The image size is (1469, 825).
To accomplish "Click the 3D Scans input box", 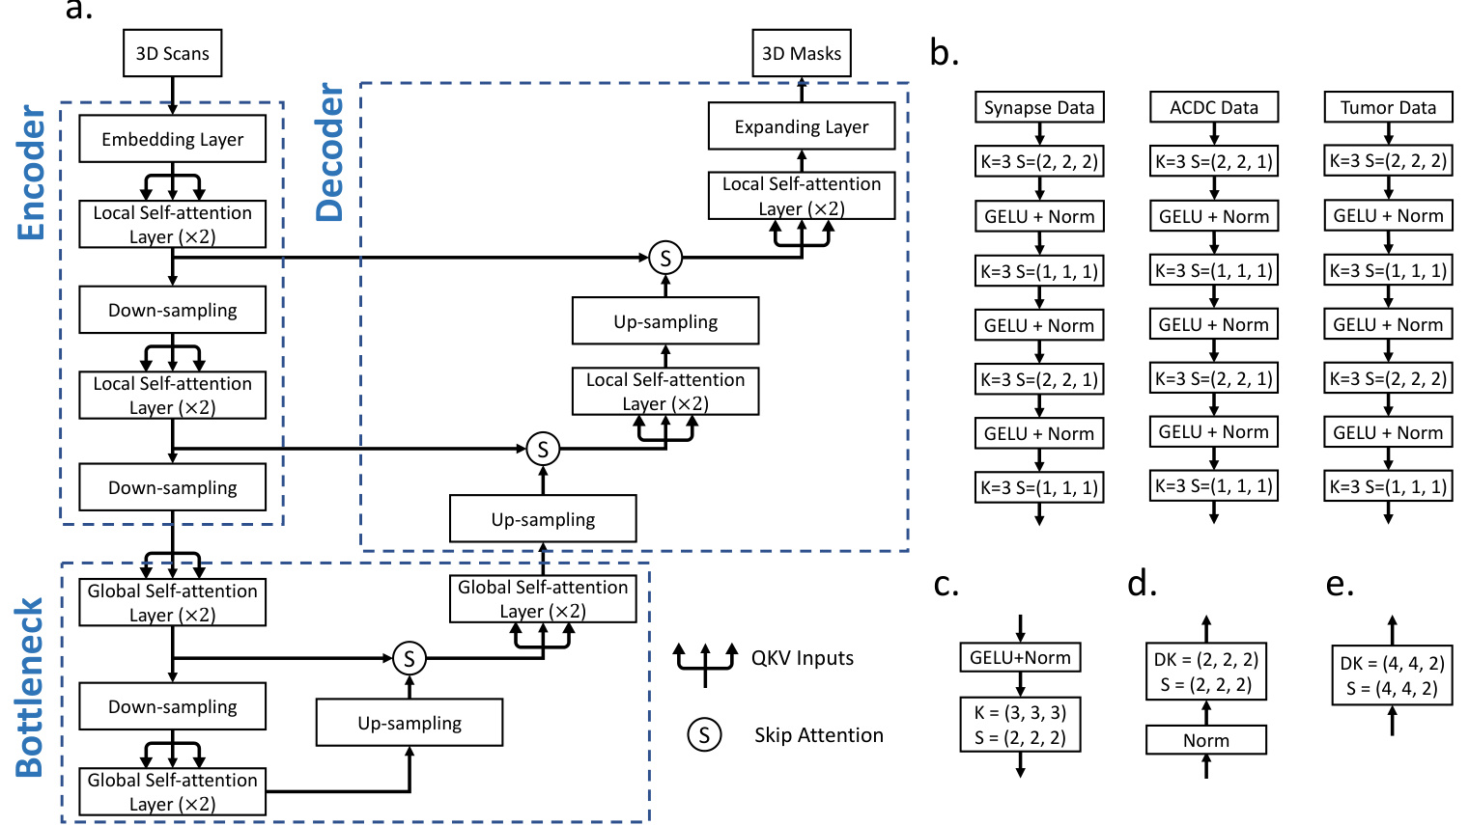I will point(172,53).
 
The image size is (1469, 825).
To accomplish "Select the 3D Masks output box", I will point(801,53).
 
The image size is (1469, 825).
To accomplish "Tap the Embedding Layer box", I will point(172,139).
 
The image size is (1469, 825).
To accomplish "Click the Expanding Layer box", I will point(801,126).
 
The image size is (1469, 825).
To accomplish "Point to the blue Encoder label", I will point(32,173).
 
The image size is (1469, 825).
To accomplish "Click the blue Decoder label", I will point(330,152).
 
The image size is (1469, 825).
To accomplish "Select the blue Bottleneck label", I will point(30,687).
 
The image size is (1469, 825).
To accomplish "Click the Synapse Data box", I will point(1038,107).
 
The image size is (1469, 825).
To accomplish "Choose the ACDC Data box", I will point(1213,107).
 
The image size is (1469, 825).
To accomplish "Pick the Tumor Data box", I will point(1388,107).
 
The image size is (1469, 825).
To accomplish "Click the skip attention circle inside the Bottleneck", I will point(410,659).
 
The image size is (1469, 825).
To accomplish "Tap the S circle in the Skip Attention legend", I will point(704,735).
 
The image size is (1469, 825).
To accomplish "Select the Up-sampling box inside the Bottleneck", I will point(410,723).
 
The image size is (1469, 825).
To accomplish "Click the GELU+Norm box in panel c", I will point(1020,657).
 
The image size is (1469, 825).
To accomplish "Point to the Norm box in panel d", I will point(1205,740).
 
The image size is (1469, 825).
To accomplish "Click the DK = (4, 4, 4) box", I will point(1392,675).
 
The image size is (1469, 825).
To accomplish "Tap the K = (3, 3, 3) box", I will point(1020,725).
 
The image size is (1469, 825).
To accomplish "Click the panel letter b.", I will point(944,53).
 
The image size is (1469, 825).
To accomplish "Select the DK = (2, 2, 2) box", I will point(1205,672).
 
